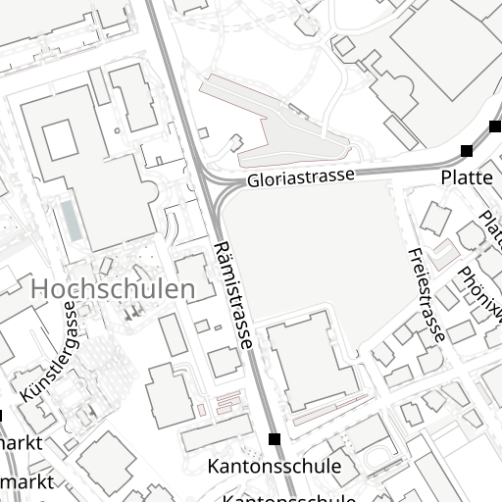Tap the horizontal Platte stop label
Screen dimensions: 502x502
(466, 177)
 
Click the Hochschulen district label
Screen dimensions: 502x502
(113, 289)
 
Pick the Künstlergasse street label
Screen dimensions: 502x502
(49, 351)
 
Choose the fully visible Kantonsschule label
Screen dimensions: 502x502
(274, 466)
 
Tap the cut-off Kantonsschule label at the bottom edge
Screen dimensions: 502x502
(289, 497)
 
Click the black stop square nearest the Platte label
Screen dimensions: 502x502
(466, 151)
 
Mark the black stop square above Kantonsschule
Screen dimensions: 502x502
(274, 438)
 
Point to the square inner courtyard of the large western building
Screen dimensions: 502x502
(58, 138)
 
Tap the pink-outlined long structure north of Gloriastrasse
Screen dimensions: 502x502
(284, 127)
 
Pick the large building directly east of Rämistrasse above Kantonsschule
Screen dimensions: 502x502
(306, 364)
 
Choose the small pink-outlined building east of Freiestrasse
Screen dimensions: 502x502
(446, 254)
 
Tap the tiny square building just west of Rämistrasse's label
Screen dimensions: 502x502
(202, 326)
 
